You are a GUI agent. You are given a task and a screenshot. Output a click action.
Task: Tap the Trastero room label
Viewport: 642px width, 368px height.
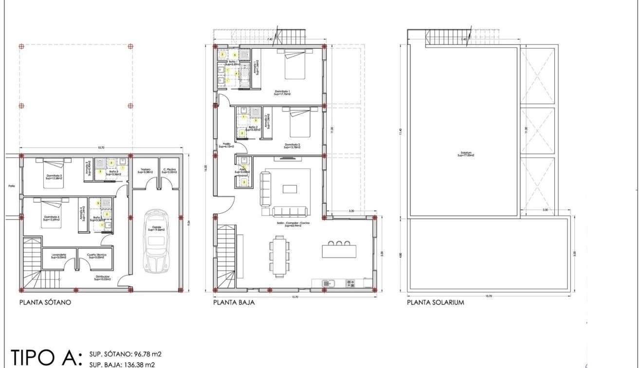146,171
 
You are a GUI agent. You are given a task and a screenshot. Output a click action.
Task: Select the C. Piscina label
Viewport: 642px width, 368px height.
170,171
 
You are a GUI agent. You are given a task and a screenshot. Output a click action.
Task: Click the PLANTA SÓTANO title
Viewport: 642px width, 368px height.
45,302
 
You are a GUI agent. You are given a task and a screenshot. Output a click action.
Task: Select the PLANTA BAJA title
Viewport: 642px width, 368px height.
234,302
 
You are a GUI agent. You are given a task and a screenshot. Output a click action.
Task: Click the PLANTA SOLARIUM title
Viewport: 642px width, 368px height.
435,302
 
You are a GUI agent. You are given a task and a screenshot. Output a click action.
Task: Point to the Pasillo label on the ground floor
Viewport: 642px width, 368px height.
227,145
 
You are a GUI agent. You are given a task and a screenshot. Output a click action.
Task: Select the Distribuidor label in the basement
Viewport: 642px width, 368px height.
102,278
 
